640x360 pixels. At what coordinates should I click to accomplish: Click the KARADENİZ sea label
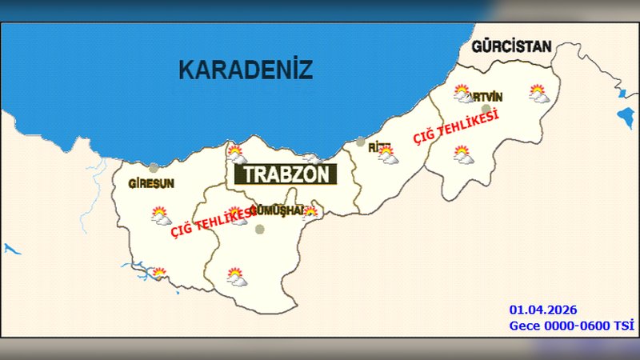244,70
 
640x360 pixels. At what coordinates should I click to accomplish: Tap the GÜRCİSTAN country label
512,46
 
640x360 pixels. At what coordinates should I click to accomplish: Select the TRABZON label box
286,174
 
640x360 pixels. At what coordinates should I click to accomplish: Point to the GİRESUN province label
151,183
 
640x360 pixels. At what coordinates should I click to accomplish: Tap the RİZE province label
379,148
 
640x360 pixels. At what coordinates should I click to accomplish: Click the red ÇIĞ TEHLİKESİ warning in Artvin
456,127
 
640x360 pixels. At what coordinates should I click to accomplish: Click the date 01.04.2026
543,310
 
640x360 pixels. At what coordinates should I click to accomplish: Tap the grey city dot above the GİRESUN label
153,168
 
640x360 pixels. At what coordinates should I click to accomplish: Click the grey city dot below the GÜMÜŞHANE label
259,229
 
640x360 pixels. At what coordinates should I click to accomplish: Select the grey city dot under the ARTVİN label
486,108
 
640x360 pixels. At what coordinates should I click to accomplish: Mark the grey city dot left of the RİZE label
361,142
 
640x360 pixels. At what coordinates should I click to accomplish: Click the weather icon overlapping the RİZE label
389,155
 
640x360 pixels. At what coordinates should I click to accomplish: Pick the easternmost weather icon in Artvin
539,94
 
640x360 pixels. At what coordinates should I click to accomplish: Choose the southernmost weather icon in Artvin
462,154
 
